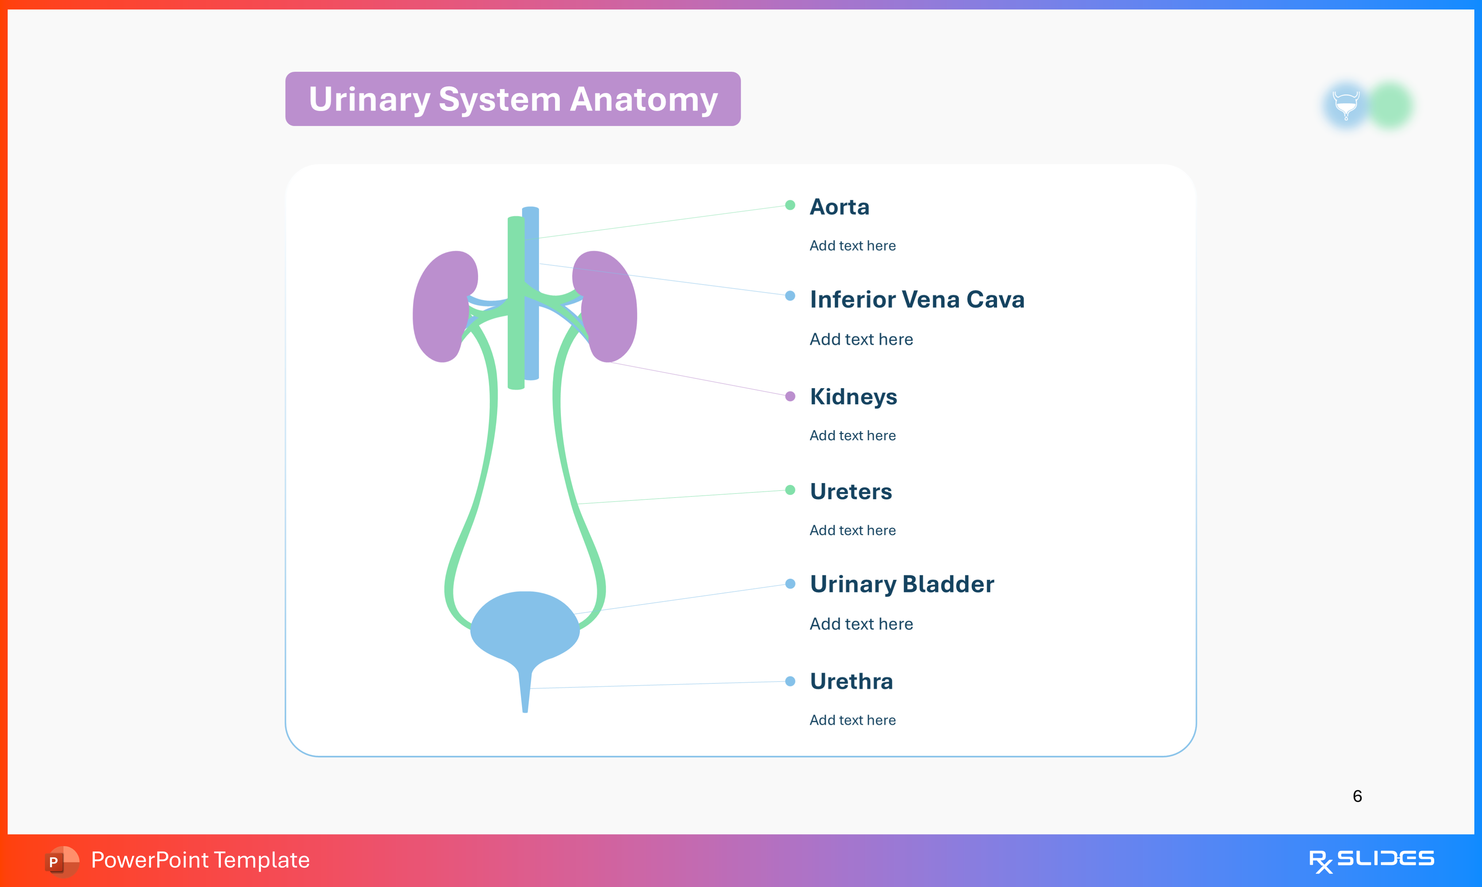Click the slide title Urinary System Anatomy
(x=513, y=99)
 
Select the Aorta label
(x=839, y=207)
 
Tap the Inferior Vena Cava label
(x=917, y=299)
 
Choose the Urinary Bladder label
(x=901, y=584)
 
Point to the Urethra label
(x=851, y=681)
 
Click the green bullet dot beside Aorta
(x=790, y=205)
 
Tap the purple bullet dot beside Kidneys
(x=790, y=396)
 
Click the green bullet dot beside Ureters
(x=790, y=490)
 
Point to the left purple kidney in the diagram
(x=441, y=308)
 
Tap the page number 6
(x=1357, y=796)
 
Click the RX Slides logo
(x=1371, y=860)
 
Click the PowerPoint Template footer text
(x=200, y=860)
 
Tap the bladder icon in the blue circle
(x=1346, y=105)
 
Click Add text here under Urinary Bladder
(x=860, y=624)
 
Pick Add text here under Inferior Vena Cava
(x=860, y=339)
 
